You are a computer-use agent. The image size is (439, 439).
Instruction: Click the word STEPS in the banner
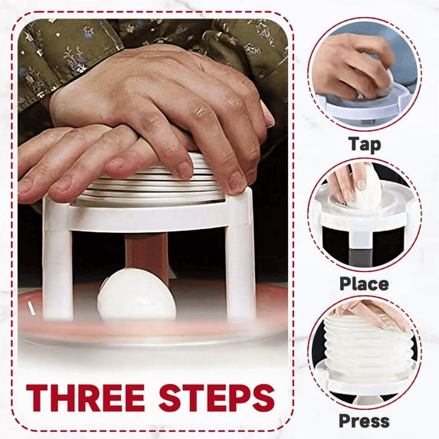click(x=216, y=398)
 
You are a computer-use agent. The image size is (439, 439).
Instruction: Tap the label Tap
click(x=365, y=145)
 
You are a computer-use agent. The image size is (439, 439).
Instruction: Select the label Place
click(x=365, y=283)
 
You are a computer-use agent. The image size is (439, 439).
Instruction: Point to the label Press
click(x=365, y=421)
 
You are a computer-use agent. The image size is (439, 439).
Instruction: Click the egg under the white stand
click(x=137, y=295)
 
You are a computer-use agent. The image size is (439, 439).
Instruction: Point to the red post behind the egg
click(x=147, y=254)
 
